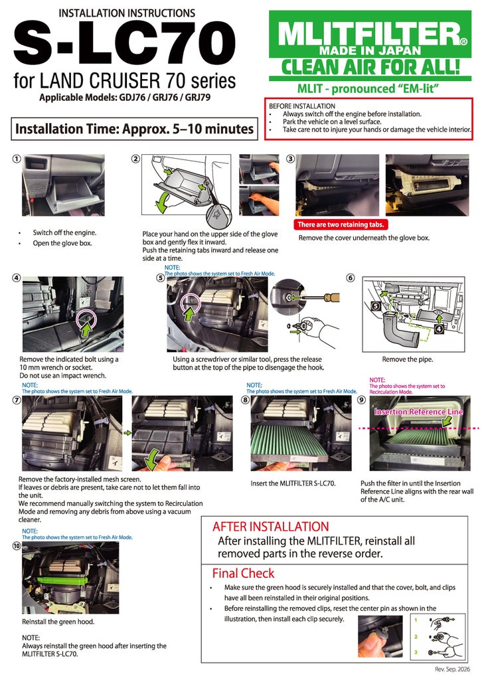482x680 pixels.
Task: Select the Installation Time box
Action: [134, 129]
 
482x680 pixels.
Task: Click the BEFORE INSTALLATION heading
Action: [302, 106]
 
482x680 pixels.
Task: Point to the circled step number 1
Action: [17, 159]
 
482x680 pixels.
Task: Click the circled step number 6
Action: [351, 278]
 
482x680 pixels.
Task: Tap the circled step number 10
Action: [17, 546]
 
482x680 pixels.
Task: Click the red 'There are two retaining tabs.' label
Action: [341, 224]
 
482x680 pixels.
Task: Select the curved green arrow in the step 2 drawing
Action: [160, 202]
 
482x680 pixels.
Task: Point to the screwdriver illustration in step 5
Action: [319, 297]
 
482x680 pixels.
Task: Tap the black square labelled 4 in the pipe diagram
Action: [439, 329]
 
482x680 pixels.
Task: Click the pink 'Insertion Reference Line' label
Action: [419, 412]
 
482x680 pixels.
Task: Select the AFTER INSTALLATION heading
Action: [270, 527]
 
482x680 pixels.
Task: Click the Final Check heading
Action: [243, 573]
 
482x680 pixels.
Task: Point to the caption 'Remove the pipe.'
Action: [408, 359]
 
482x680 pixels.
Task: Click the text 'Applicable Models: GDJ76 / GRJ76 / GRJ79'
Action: [125, 97]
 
